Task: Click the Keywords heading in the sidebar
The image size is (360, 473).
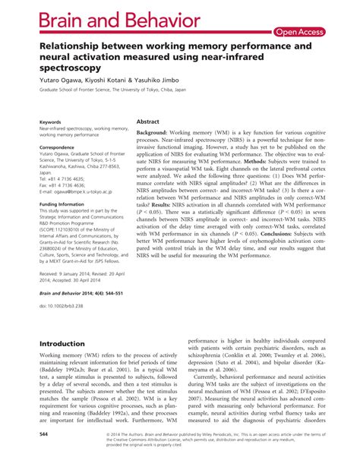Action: click(50, 121)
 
